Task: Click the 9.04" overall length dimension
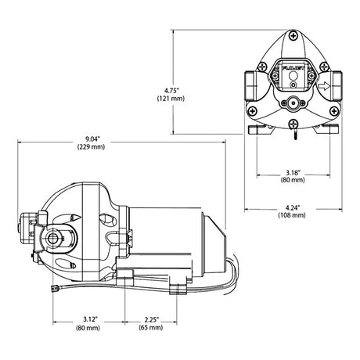point(91,139)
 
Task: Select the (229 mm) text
point(91,147)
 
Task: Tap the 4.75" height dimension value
point(171,91)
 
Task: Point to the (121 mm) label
point(171,99)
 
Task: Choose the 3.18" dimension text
point(293,172)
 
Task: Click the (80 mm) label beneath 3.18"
point(293,180)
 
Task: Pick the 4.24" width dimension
point(293,208)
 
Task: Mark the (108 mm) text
point(292,215)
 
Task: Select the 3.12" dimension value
point(90,319)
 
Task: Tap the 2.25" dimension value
point(152,319)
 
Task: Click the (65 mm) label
point(151,327)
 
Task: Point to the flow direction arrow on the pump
point(324,86)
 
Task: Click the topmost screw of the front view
point(293,36)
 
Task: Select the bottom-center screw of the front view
point(293,124)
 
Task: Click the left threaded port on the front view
point(250,85)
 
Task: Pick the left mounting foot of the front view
point(257,130)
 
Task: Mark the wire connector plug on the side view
point(54,288)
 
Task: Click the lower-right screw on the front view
point(334,111)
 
